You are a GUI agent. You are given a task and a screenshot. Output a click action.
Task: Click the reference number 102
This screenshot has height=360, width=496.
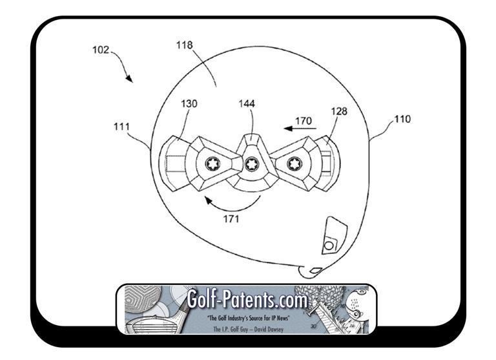(101, 50)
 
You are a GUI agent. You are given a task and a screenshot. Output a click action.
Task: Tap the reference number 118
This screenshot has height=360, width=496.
(185, 45)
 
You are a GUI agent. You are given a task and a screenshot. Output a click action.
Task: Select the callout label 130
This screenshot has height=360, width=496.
(189, 103)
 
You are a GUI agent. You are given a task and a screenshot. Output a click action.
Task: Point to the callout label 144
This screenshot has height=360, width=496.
(247, 103)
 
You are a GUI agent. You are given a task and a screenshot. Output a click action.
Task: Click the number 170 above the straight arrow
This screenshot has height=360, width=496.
(304, 121)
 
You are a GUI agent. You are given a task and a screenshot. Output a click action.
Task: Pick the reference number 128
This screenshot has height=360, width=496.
(339, 111)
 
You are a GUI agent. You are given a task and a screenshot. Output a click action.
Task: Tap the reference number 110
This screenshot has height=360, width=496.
(402, 119)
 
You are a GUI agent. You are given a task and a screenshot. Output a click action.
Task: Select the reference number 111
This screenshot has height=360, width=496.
(122, 127)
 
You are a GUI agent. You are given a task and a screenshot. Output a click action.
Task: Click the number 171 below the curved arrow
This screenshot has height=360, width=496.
(231, 219)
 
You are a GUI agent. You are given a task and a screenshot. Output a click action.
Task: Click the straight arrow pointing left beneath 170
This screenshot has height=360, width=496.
(300, 129)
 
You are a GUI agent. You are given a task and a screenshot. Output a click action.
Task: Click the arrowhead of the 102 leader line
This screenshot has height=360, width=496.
(129, 78)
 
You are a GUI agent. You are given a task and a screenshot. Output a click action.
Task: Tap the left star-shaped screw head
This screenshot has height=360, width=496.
(212, 164)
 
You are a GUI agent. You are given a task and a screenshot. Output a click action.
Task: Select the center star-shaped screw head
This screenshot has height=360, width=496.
(252, 164)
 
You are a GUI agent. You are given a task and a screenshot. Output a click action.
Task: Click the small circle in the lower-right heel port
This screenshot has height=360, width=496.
(329, 246)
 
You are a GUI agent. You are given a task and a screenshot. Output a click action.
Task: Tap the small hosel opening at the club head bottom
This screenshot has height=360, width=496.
(316, 270)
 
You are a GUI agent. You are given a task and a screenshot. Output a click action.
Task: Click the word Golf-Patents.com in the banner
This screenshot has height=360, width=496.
(247, 299)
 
